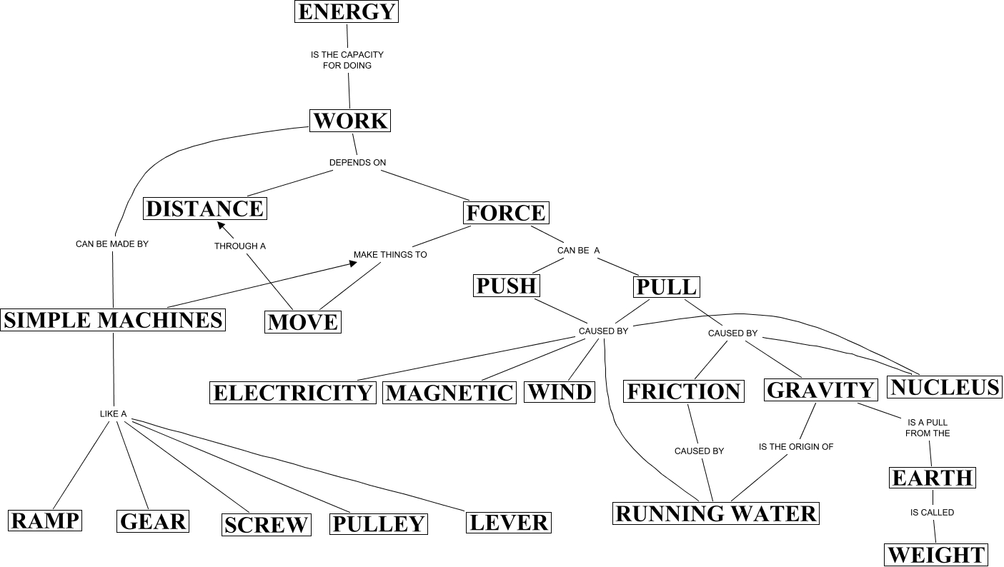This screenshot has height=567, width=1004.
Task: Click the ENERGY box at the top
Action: [x=347, y=12]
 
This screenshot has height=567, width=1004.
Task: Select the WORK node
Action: [x=351, y=121]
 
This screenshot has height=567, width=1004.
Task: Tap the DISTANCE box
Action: [x=205, y=209]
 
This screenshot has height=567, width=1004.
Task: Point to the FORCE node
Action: [x=506, y=213]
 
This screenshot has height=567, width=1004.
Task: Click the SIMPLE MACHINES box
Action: [x=113, y=319]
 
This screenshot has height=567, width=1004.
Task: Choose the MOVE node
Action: [x=303, y=322]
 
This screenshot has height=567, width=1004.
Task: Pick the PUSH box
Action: [x=507, y=286]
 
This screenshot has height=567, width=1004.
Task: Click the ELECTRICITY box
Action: [x=293, y=393]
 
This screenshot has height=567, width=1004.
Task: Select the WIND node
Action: [x=560, y=392]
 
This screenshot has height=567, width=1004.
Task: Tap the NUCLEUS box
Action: [x=945, y=387]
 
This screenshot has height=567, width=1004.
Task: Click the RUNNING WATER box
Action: [x=715, y=513]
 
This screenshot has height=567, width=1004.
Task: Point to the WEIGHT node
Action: [x=936, y=555]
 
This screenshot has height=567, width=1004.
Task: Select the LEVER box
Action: [x=509, y=523]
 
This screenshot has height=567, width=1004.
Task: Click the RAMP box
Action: [x=44, y=520]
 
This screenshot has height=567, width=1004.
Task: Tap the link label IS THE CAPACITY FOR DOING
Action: [x=347, y=60]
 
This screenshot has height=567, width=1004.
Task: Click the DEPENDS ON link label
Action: [x=357, y=163]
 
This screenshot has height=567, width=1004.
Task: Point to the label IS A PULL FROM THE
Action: [x=927, y=428]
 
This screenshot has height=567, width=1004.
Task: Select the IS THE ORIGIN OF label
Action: [x=795, y=447]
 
